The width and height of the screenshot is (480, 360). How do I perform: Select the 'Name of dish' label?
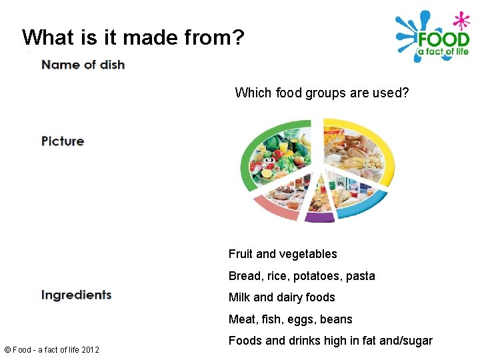pyautogui.click(x=83, y=65)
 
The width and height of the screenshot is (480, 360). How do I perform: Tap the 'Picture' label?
pyautogui.click(x=63, y=141)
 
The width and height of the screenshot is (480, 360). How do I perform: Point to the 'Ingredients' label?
pyautogui.click(x=76, y=295)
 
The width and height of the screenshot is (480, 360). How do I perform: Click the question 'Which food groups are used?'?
pyautogui.click(x=322, y=93)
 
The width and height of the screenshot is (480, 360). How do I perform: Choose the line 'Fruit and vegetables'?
pyautogui.click(x=283, y=254)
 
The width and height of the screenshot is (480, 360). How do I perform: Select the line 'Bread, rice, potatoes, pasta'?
pyautogui.click(x=301, y=276)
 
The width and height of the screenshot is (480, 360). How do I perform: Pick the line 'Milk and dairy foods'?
pyautogui.click(x=281, y=297)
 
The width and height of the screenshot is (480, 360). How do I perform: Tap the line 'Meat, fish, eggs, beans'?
pyautogui.click(x=290, y=319)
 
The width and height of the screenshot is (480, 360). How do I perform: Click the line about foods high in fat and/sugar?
pyautogui.click(x=330, y=341)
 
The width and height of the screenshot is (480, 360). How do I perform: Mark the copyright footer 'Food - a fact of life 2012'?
pyautogui.click(x=51, y=349)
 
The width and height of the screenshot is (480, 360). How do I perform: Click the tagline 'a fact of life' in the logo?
pyautogui.click(x=443, y=52)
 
